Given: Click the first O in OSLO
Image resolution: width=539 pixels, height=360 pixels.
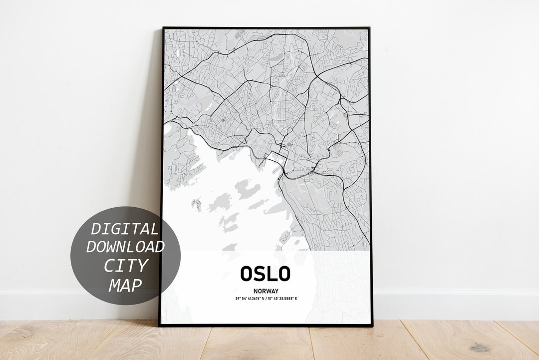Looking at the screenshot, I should click(248, 273).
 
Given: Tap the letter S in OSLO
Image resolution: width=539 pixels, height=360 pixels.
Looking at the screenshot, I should click(261, 273).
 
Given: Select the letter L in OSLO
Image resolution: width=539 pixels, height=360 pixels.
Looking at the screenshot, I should click(272, 273).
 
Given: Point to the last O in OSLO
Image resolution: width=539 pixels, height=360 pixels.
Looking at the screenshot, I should click(283, 273).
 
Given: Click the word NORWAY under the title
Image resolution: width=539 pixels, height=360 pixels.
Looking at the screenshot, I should click(266, 291).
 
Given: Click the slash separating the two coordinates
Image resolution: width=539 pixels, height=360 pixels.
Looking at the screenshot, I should click(266, 299).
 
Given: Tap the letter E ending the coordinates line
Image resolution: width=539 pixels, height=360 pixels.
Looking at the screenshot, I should click(295, 299).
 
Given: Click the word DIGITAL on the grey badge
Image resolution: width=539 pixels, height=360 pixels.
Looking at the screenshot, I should click(124, 229).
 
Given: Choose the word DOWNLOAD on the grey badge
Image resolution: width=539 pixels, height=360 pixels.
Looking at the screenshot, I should click(125, 247).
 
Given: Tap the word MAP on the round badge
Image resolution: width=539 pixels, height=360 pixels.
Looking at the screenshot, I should click(125, 285).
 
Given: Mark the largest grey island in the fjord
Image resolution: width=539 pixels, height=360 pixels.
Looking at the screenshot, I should click(248, 190).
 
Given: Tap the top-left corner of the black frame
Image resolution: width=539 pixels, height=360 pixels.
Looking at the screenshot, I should click(163, 28).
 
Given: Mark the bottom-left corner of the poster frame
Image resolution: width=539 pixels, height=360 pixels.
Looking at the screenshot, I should click(160, 326).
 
